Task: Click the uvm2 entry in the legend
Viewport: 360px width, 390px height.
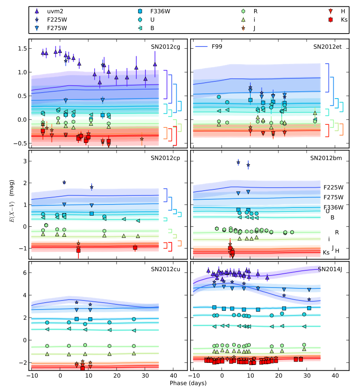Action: pyautogui.click(x=49, y=11)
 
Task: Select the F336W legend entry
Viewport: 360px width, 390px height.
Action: pyautogui.click(x=154, y=11)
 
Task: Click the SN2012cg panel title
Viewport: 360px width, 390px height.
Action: pyautogui.click(x=166, y=47)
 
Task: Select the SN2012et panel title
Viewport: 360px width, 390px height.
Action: pyautogui.click(x=327, y=47)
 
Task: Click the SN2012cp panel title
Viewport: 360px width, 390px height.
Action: pyautogui.click(x=166, y=158)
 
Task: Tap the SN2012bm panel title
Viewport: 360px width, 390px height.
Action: pyautogui.click(x=326, y=158)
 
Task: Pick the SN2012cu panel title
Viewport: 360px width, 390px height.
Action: pyautogui.click(x=166, y=269)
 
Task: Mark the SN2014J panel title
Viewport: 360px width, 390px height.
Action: pyautogui.click(x=330, y=269)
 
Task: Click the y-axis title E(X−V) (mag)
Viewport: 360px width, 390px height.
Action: pyautogui.click(x=12, y=201)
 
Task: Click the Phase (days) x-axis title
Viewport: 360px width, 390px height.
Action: pyautogui.click(x=188, y=383)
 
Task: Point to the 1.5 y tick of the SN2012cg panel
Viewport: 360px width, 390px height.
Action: pyautogui.click(x=22, y=49)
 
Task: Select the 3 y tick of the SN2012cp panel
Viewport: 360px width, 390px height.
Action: pyautogui.click(x=25, y=161)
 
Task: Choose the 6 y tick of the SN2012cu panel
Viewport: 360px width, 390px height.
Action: pyautogui.click(x=25, y=272)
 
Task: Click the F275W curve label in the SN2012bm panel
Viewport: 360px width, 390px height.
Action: pyautogui.click(x=333, y=197)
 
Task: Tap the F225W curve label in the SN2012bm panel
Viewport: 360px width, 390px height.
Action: pyautogui.click(x=333, y=187)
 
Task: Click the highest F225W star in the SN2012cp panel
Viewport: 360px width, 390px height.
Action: pyautogui.click(x=64, y=183)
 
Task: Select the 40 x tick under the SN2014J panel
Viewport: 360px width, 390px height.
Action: pyautogui.click(x=335, y=375)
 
